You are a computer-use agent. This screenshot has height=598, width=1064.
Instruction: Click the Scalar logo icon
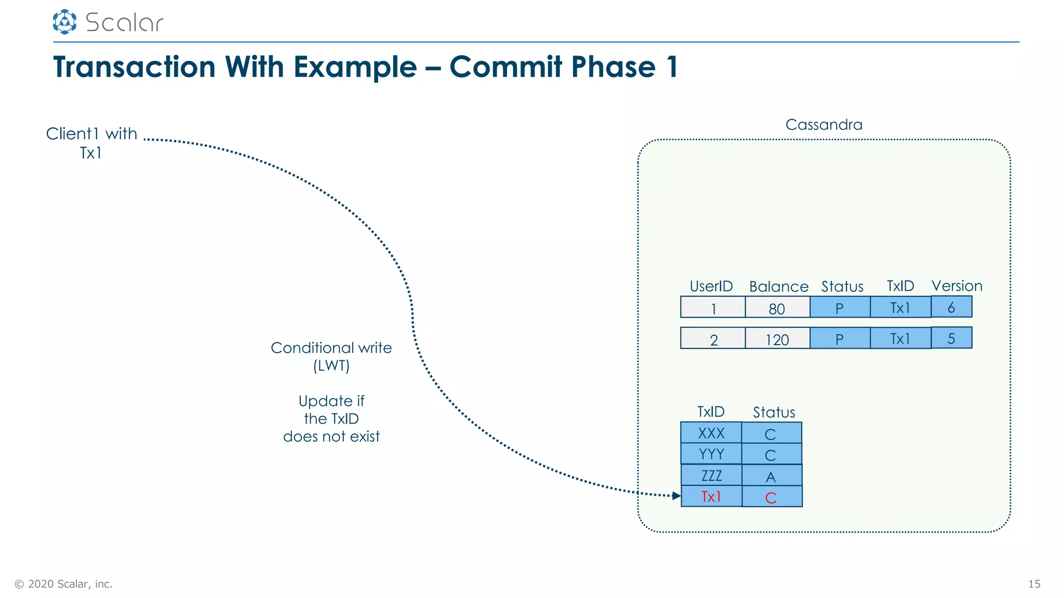coord(64,22)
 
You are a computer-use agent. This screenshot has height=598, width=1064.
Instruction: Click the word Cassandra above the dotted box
coord(823,125)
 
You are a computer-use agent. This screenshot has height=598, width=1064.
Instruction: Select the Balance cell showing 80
coord(777,307)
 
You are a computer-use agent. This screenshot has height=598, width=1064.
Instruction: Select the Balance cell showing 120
coord(777,338)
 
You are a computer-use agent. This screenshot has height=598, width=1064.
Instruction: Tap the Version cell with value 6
coord(951,307)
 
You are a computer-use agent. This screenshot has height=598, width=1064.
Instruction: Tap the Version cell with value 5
coord(951,338)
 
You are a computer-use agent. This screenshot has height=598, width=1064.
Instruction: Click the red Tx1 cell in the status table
coord(711,496)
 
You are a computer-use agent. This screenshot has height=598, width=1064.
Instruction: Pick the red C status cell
coord(772,497)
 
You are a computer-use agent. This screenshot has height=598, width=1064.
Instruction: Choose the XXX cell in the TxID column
coord(711,433)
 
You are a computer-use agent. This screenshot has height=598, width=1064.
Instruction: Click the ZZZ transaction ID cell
coord(711,475)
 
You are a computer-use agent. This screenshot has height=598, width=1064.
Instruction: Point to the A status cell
coord(772,475)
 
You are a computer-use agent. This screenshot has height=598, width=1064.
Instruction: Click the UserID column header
coord(711,286)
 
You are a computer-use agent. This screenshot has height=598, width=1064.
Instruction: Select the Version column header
coord(956,286)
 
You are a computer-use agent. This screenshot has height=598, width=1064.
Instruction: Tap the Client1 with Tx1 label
coord(91,143)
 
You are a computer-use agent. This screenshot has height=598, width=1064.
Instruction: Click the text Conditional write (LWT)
coord(331,356)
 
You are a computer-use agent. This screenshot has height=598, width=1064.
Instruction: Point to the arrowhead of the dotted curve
coord(676,496)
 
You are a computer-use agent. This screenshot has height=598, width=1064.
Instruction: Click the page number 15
coord(1034,584)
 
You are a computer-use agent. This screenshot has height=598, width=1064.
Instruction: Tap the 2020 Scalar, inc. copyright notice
coord(63,584)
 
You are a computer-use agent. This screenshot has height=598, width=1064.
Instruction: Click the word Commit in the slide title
coord(505,67)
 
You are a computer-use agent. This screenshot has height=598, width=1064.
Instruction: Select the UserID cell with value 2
coord(713,339)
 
